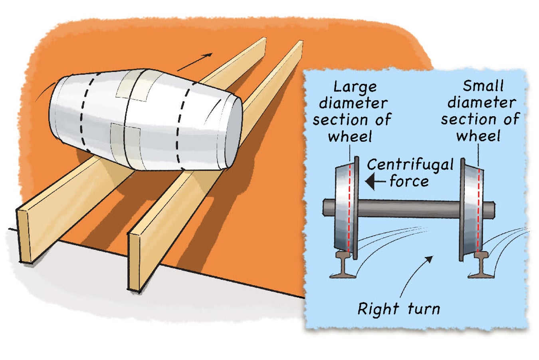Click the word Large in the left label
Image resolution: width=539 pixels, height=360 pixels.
click(x=355, y=87)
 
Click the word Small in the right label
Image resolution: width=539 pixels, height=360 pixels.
click(x=483, y=86)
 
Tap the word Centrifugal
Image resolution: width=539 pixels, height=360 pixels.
click(x=410, y=165)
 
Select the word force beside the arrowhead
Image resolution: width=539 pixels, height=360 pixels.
click(x=409, y=181)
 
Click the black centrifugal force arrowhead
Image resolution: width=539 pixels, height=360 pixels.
click(x=371, y=182)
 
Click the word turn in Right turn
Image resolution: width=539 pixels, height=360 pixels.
click(x=424, y=309)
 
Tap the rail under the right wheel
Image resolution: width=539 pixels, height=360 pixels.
click(x=482, y=266)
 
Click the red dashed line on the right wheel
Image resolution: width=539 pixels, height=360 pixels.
click(x=479, y=208)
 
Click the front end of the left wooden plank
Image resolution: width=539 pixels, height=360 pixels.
click(x=24, y=236)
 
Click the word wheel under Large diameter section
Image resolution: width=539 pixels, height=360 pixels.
click(x=350, y=136)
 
